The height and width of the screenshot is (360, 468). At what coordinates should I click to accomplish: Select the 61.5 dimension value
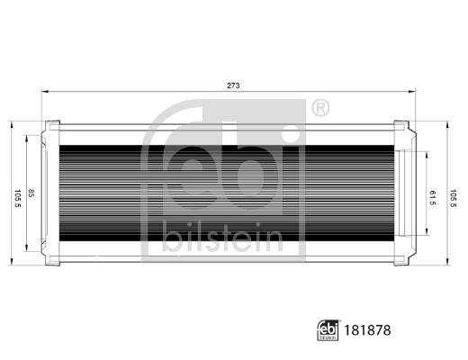[x=433, y=196]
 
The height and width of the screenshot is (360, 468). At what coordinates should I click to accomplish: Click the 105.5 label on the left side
[x=16, y=195]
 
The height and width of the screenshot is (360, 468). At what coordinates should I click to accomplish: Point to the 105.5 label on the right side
[x=453, y=196]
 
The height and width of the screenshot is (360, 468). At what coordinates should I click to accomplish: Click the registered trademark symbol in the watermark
[x=319, y=109]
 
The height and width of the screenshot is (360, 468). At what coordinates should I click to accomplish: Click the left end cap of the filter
[x=51, y=193]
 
